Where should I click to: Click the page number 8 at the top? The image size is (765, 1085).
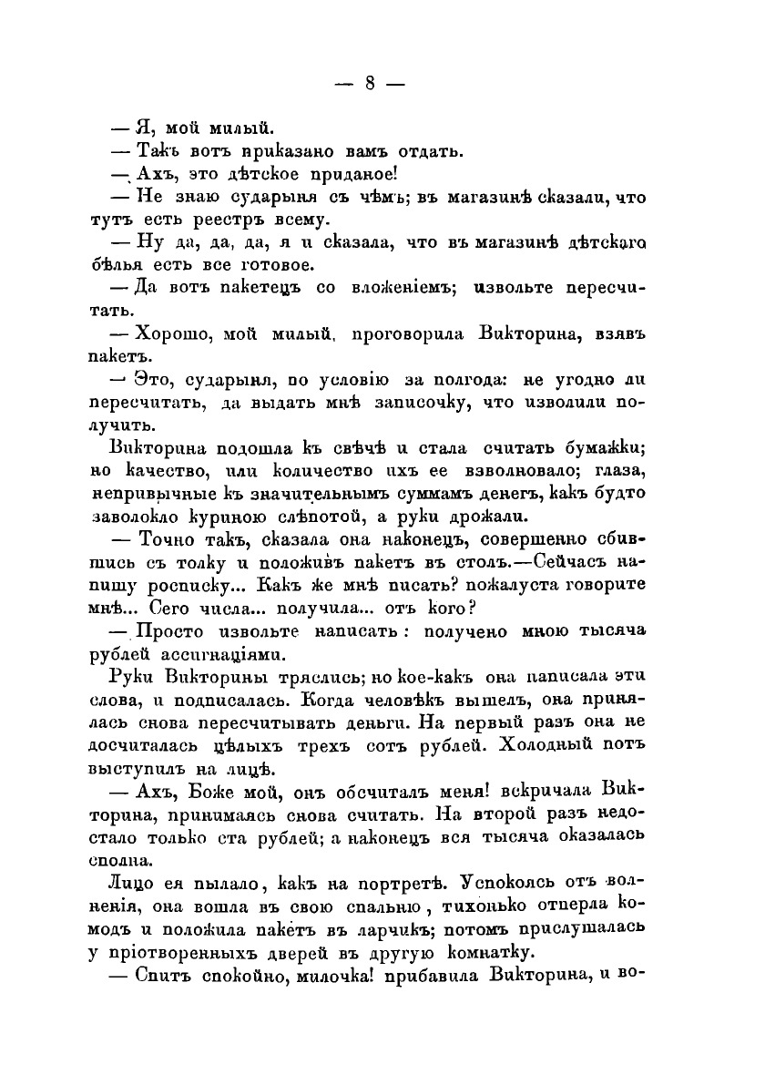tap(370, 83)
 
